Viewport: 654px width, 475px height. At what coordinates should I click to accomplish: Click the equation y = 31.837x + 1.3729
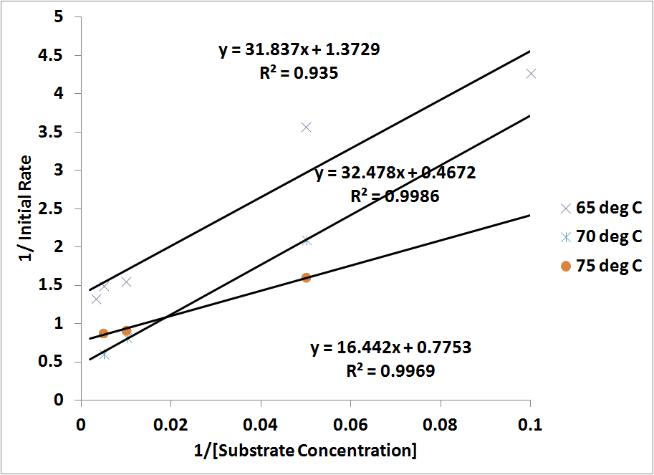299,50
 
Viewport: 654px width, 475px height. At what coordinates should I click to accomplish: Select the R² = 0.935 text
299,72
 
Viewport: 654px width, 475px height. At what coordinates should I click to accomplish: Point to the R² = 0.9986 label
395,196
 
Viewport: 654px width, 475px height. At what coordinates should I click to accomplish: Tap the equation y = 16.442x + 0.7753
390,348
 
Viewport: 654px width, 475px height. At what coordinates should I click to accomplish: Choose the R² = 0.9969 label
390,370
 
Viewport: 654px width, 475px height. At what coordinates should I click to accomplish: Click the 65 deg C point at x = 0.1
531,73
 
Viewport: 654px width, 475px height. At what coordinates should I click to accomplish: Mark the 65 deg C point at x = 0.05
306,127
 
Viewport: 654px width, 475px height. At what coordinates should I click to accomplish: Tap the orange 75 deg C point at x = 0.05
306,277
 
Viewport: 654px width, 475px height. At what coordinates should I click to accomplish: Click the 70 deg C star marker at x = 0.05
307,241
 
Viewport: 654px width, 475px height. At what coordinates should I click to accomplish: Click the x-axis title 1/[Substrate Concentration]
305,451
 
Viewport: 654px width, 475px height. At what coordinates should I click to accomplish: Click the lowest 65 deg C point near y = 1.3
96,299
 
